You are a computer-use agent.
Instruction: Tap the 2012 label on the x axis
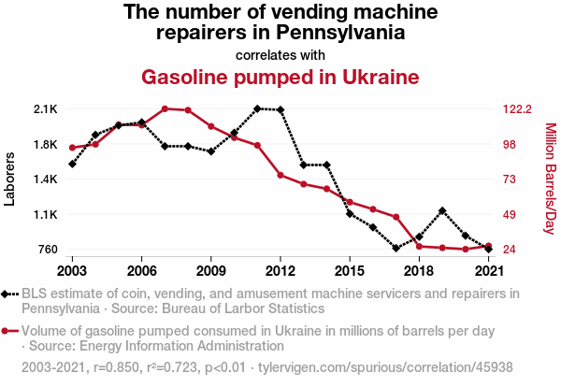pyautogui.click(x=280, y=270)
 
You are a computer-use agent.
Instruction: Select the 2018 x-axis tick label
pyautogui.click(x=418, y=270)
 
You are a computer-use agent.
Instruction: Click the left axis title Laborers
pyautogui.click(x=10, y=179)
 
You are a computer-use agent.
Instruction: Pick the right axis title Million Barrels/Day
pyautogui.click(x=550, y=179)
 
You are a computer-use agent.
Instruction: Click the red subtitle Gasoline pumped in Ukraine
pyautogui.click(x=280, y=76)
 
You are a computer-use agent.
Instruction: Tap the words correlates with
pyautogui.click(x=280, y=53)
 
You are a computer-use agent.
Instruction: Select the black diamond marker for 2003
pyautogui.click(x=72, y=164)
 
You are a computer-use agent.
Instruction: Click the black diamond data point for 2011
pyautogui.click(x=257, y=108)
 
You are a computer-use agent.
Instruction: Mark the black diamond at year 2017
pyautogui.click(x=396, y=248)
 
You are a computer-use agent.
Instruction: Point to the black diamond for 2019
pyautogui.click(x=441, y=211)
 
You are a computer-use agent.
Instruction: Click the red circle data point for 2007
pyautogui.click(x=165, y=108)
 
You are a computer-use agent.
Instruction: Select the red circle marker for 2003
pyautogui.click(x=72, y=148)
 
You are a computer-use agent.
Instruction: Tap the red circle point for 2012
pyautogui.click(x=280, y=175)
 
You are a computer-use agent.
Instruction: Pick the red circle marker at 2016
pyautogui.click(x=372, y=208)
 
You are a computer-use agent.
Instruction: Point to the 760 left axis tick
pyautogui.click(x=47, y=249)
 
